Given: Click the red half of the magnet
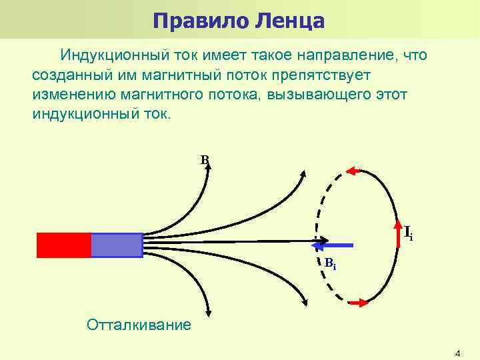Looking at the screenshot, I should (63, 245).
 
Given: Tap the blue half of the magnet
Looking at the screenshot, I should (117, 245).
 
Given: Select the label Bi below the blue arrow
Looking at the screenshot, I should (330, 265).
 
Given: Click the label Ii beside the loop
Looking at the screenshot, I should (408, 233).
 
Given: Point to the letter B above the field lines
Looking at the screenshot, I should (204, 159).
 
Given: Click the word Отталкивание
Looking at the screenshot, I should (139, 325).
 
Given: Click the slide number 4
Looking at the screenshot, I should (457, 352).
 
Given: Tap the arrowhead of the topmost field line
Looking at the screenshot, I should (208, 167).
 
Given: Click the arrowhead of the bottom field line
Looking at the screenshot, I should (209, 311).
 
